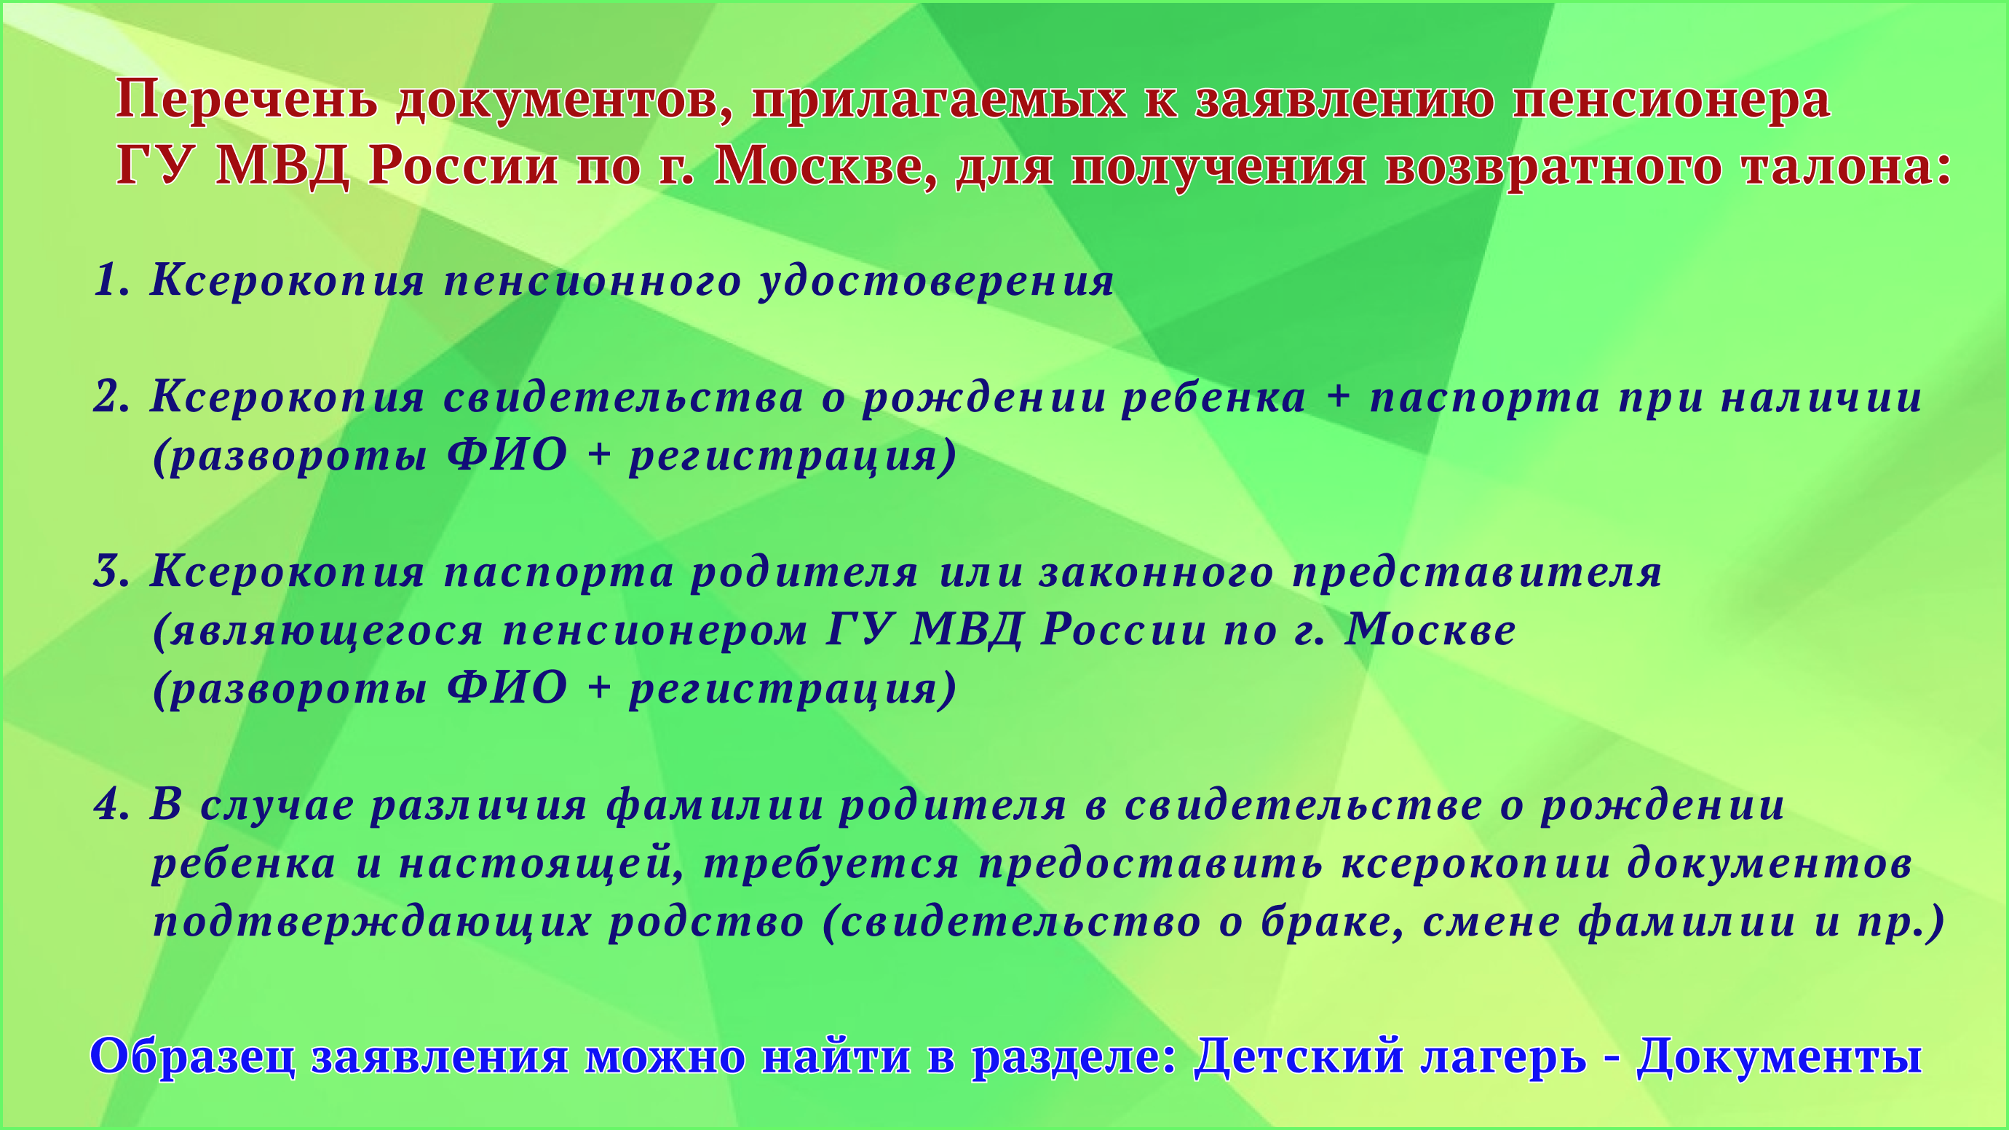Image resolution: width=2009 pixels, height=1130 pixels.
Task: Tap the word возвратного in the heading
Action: click(1553, 167)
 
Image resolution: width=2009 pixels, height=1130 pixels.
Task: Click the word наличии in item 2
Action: click(1820, 398)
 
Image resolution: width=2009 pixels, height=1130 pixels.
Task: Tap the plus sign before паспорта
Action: click(1338, 398)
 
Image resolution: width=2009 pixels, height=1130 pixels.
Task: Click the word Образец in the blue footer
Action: click(193, 1058)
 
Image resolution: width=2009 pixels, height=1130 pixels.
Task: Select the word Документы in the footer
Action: click(1779, 1058)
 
